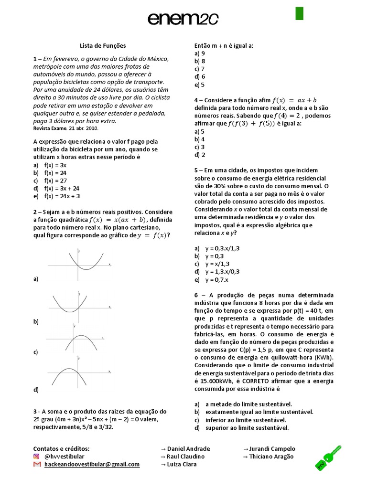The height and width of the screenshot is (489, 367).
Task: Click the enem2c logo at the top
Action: click(183, 19)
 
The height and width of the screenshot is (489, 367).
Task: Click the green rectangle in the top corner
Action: click(299, 13)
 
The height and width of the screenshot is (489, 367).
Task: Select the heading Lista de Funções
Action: click(102, 46)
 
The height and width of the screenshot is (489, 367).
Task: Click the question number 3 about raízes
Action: click(35, 411)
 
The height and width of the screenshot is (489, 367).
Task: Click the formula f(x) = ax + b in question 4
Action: click(294, 100)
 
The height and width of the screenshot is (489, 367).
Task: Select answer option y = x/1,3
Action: click(217, 264)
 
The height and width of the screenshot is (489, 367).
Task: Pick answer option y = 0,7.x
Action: click(217, 279)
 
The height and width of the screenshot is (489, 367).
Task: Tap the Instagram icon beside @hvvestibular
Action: click(36, 457)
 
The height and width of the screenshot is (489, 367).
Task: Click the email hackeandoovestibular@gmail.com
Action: click(92, 464)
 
